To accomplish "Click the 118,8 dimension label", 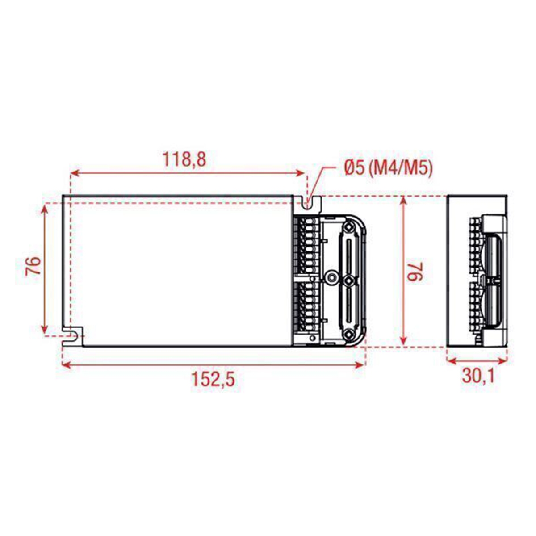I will pyautogui.click(x=184, y=159).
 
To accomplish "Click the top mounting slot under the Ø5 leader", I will pyautogui.click(x=306, y=204).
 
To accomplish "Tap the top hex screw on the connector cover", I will pyautogui.click(x=348, y=227).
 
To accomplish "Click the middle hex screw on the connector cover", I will pyautogui.click(x=348, y=280).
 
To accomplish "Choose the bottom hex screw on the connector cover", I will pyautogui.click(x=348, y=333).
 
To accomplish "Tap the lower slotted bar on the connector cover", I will pyautogui.click(x=348, y=307).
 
